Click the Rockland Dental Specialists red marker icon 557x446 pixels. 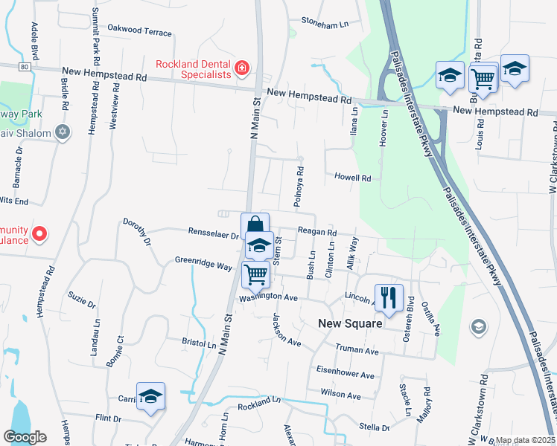pos(241,69)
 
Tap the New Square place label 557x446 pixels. pos(350,323)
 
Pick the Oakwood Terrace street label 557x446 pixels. pos(139,32)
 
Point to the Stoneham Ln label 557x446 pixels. pos(324,24)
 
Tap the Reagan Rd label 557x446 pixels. pos(317,232)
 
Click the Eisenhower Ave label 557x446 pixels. pos(345,375)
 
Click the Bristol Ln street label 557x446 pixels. pos(199,344)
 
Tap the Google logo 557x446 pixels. pos(25,437)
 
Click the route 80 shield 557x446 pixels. pos(24,66)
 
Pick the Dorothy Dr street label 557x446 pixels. pos(137,232)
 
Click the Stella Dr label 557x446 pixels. pos(375,427)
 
